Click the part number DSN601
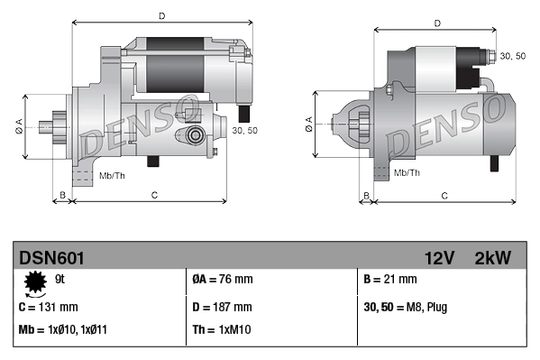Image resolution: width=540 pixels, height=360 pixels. [x=51, y=258]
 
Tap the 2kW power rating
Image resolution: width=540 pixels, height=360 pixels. [x=492, y=258]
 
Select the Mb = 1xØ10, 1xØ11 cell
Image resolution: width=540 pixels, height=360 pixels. [x=65, y=330]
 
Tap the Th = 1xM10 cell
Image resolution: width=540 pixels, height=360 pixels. [x=224, y=330]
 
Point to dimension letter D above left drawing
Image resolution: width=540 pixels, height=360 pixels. [x=161, y=15]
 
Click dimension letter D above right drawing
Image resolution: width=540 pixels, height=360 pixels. [x=436, y=23]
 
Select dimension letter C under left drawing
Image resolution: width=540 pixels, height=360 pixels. [x=154, y=194]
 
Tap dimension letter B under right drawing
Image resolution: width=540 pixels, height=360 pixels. [x=365, y=194]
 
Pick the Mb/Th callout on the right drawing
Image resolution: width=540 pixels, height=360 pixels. [x=407, y=171]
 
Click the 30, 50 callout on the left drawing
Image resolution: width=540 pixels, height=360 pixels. [x=244, y=131]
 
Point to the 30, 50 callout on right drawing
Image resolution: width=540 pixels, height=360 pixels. [x=512, y=56]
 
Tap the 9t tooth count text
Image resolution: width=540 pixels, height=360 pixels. [x=59, y=280]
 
